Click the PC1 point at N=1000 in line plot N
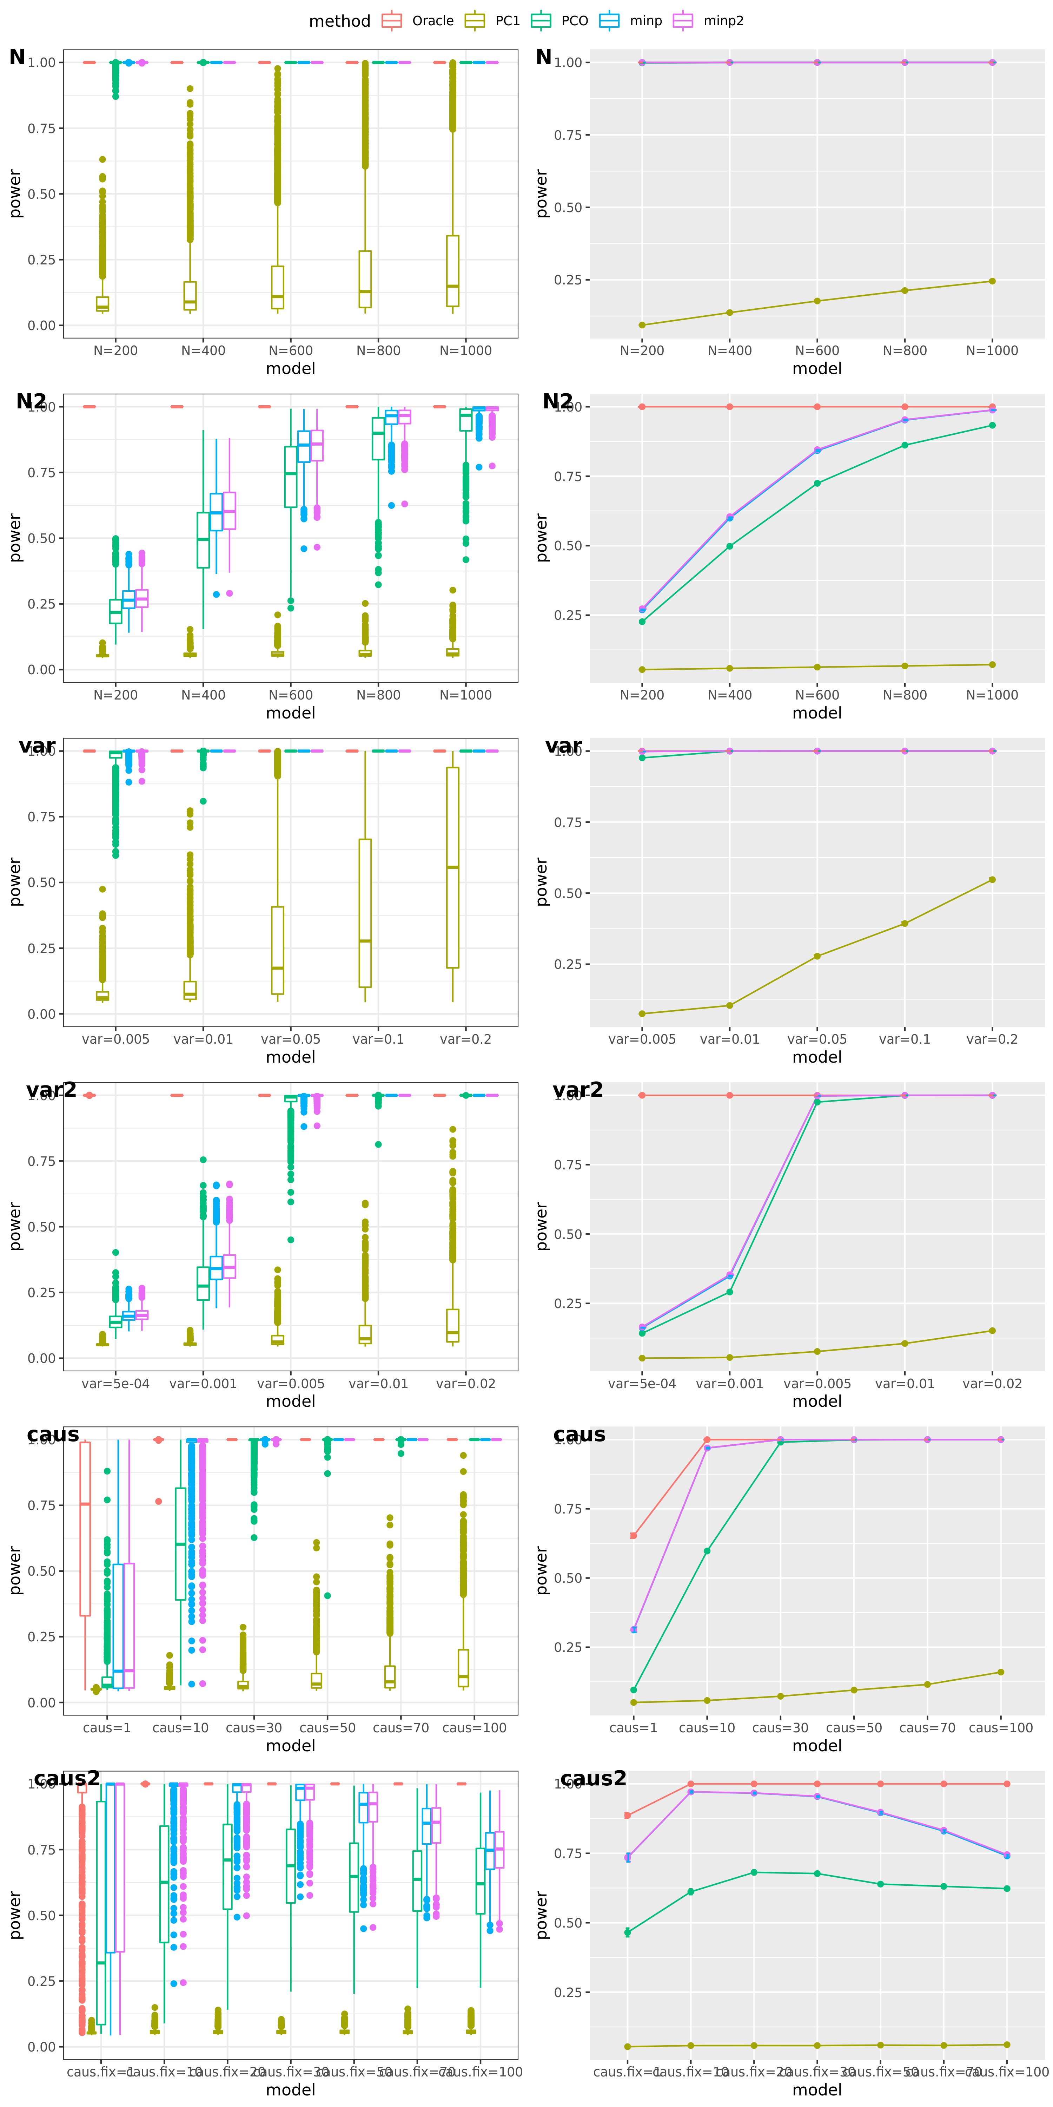click(992, 281)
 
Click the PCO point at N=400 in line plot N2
click(729, 546)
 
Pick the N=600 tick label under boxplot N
click(290, 351)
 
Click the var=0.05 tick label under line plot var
click(817, 1039)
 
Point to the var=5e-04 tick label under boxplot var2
click(115, 1384)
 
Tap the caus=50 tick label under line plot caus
click(854, 1728)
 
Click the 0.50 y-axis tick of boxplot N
click(41, 194)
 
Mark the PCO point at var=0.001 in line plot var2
click(729, 1292)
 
